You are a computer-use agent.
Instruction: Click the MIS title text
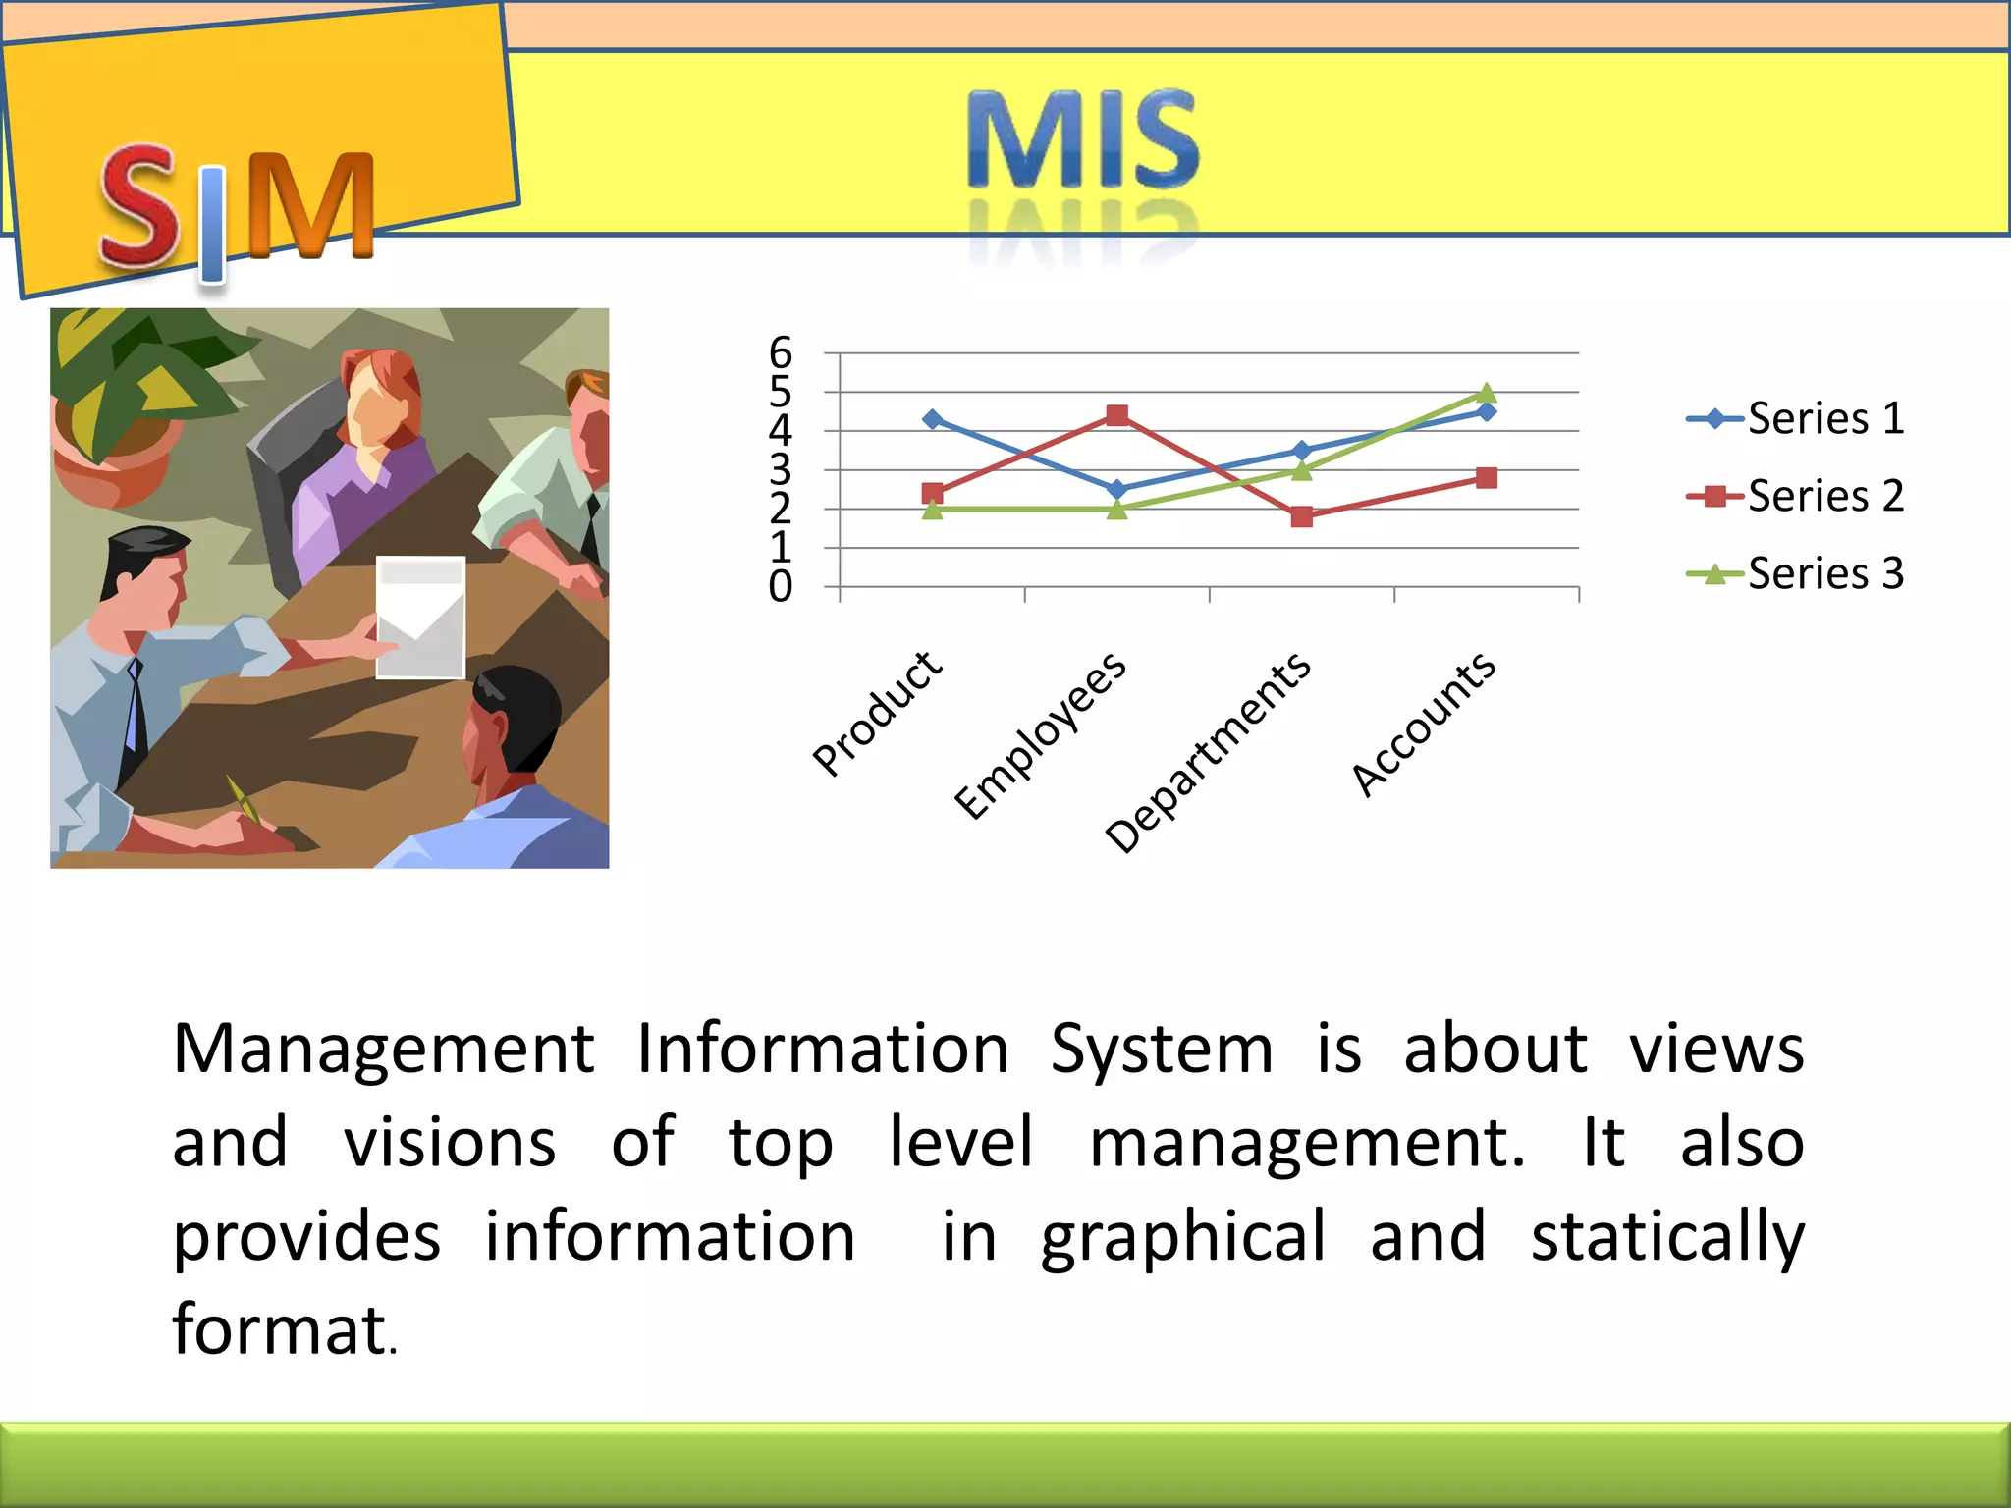tap(1082, 139)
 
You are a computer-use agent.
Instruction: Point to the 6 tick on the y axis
tap(781, 352)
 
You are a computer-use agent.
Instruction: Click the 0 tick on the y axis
tap(781, 587)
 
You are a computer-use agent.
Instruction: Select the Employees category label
tap(1041, 734)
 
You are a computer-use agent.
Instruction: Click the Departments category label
tap(1208, 752)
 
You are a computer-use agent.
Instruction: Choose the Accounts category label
tap(1424, 723)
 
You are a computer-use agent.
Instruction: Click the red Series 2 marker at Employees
tap(1116, 415)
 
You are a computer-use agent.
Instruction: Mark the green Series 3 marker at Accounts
tap(1487, 394)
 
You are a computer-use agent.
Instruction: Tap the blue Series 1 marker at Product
tap(933, 419)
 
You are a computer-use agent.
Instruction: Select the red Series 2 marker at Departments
tap(1302, 516)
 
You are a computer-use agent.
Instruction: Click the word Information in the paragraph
tap(823, 1049)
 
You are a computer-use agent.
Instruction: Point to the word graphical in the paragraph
tap(1183, 1237)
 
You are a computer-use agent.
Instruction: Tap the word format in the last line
tap(279, 1329)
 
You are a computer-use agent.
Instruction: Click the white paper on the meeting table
tap(420, 617)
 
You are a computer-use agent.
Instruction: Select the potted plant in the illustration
tap(128, 403)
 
